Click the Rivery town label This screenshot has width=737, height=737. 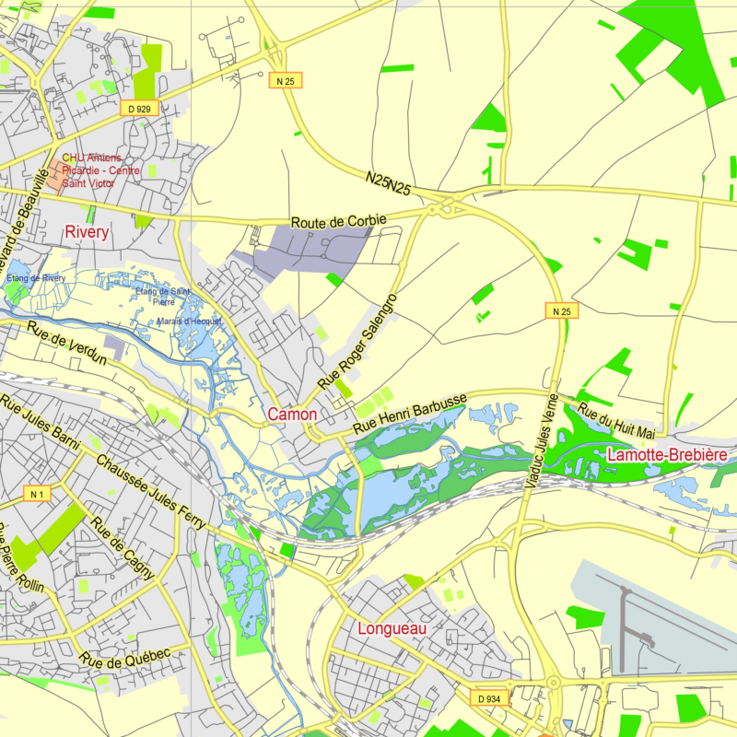[x=87, y=232]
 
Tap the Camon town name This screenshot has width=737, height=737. [x=292, y=415]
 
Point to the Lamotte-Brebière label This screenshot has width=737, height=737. [x=667, y=455]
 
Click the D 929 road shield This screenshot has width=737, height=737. [x=139, y=108]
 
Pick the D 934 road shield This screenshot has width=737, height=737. [x=489, y=698]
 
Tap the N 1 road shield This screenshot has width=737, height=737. [x=38, y=495]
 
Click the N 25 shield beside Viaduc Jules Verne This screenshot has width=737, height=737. [x=563, y=311]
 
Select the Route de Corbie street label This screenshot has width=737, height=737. [x=338, y=222]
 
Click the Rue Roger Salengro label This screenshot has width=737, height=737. [x=357, y=342]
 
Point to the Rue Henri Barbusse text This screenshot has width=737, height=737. [x=411, y=415]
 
